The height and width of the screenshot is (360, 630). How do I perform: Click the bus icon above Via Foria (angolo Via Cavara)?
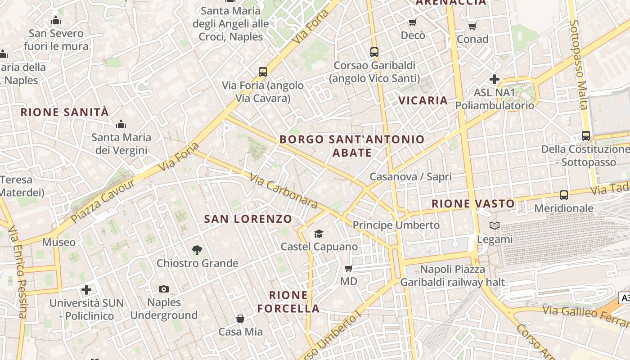[263, 72]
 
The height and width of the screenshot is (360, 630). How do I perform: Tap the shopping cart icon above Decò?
[412, 22]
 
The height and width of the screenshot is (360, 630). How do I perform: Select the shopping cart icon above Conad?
[472, 26]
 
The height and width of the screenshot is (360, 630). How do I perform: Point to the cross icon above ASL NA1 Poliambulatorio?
[495, 79]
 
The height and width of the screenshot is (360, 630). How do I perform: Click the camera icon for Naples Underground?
[164, 289]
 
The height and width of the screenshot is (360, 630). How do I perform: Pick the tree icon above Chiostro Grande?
[197, 250]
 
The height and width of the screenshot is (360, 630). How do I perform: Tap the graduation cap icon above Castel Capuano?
[319, 234]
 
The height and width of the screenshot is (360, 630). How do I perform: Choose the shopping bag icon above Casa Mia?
[240, 319]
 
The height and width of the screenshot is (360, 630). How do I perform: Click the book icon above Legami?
[495, 226]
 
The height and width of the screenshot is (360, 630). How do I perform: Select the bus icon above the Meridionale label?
[563, 195]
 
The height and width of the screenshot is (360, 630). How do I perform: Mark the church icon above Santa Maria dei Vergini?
[121, 124]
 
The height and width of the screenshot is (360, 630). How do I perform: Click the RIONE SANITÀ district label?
[65, 112]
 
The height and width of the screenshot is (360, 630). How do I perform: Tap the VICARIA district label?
[423, 100]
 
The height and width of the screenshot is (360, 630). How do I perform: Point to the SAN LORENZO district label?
[248, 219]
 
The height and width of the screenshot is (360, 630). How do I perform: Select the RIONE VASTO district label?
[473, 203]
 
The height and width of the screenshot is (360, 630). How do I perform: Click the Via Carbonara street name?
[283, 192]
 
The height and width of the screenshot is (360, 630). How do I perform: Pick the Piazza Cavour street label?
[103, 201]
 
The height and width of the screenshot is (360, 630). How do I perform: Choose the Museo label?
[59, 242]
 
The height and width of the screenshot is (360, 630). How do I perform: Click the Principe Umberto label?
[396, 225]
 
